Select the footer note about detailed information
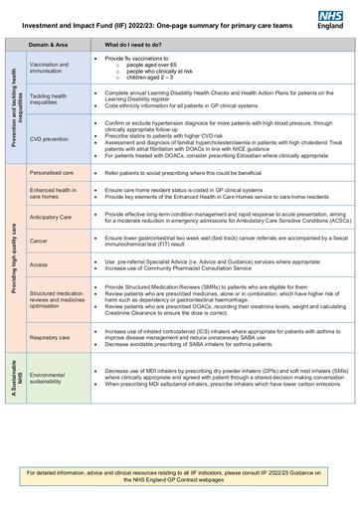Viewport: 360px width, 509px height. point(179,475)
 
